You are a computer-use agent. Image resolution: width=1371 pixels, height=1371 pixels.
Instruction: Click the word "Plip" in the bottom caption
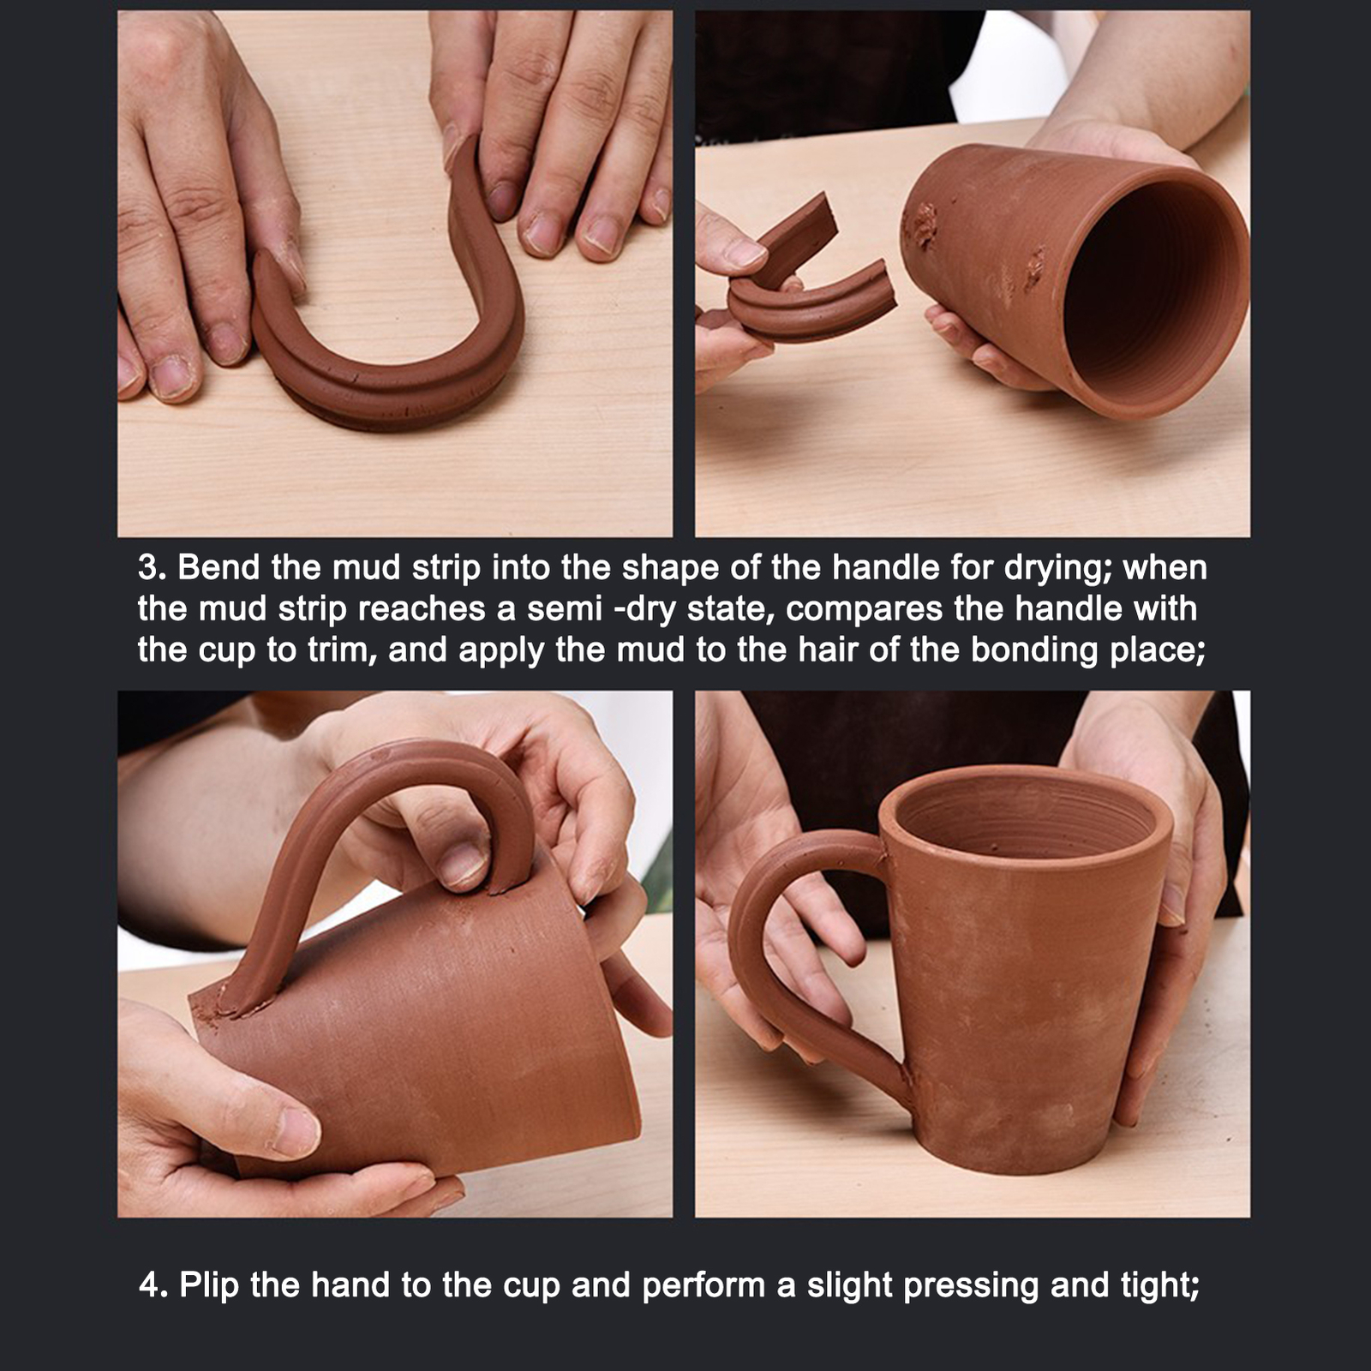pyautogui.click(x=210, y=1285)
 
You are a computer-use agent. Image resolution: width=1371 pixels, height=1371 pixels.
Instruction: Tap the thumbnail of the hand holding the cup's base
pyautogui.click(x=296, y=1131)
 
